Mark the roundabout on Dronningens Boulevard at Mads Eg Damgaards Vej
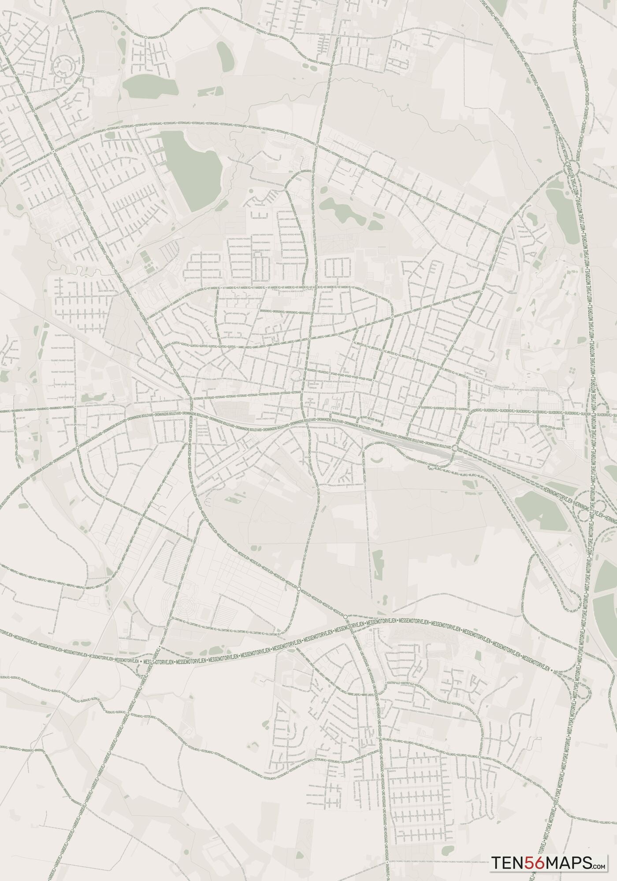click(78, 447)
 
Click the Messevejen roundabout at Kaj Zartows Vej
click(299, 589)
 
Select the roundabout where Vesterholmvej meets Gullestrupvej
click(317, 144)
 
